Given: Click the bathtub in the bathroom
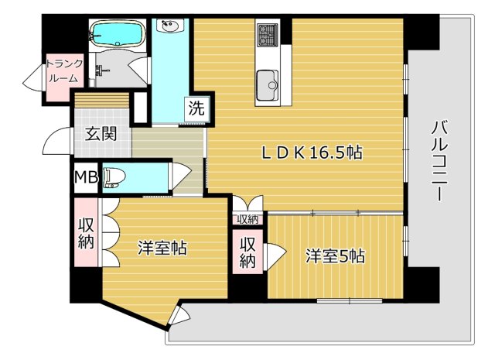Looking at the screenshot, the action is pyautogui.click(x=118, y=34).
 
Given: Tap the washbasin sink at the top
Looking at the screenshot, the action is pyautogui.click(x=170, y=26).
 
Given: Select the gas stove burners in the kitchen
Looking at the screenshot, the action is pyautogui.click(x=268, y=34).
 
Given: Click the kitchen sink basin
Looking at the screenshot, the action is pyautogui.click(x=268, y=84).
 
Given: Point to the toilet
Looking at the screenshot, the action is pyautogui.click(x=114, y=178).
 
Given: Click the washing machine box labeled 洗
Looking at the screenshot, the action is pyautogui.click(x=196, y=108).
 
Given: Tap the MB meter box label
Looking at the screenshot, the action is pyautogui.click(x=86, y=177).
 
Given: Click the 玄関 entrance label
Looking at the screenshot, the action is pyautogui.click(x=101, y=134).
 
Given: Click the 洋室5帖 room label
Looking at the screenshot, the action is pyautogui.click(x=335, y=256).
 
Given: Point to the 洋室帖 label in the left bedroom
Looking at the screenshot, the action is pyautogui.click(x=162, y=248).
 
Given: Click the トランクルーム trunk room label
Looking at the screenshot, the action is pyautogui.click(x=64, y=70).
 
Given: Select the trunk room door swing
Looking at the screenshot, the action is pyautogui.click(x=32, y=78).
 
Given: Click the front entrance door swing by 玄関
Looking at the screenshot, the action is pyautogui.click(x=56, y=141).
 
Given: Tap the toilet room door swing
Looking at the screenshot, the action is pyautogui.click(x=180, y=176).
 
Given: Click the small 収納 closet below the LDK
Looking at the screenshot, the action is pyautogui.click(x=247, y=219).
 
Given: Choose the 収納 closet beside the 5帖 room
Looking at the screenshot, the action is pyautogui.click(x=247, y=252).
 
